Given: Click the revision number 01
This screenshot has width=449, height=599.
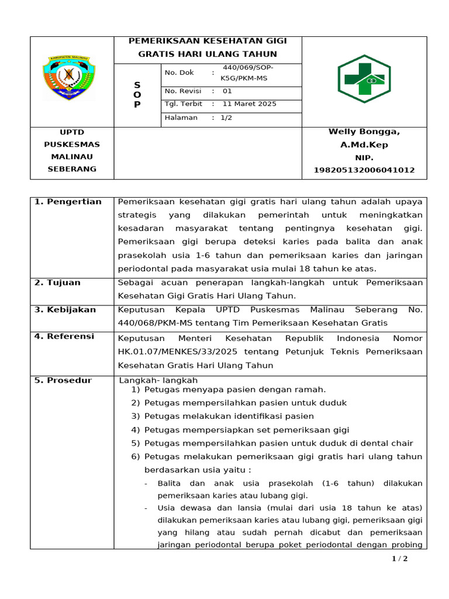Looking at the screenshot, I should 227,91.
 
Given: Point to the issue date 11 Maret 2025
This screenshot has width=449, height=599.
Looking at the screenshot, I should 250,104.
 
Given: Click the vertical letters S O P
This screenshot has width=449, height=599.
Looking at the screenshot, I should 137,95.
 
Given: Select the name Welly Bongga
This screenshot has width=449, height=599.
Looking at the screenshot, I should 364,132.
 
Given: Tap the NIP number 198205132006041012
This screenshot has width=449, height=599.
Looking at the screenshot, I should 364,170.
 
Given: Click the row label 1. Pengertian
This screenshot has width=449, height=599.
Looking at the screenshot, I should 68,202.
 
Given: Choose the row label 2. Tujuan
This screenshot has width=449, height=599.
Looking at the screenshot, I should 57,283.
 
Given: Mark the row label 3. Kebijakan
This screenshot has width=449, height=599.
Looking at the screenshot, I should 65,310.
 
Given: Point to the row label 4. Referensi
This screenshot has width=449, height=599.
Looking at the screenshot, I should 64,337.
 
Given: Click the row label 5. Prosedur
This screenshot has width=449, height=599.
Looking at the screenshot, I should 63,380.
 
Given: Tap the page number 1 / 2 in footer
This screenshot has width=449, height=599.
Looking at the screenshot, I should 399,559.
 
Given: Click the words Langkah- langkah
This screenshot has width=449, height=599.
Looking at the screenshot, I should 158,381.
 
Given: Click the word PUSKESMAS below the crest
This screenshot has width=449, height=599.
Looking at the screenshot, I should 72,144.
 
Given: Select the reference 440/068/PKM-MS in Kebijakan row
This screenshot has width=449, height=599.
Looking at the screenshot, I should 149,323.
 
